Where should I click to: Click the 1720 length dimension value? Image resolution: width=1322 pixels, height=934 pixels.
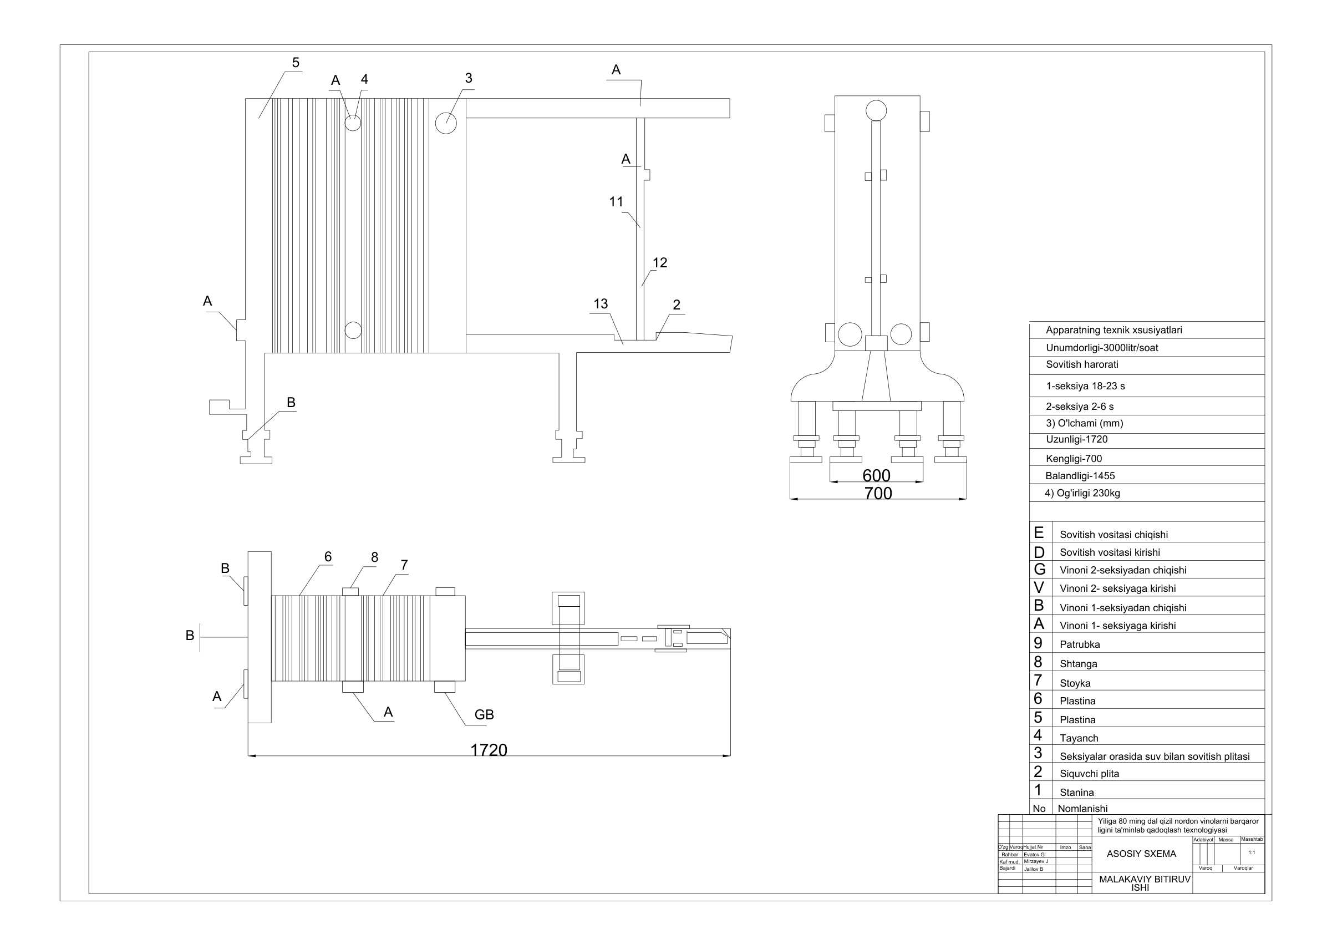(x=489, y=750)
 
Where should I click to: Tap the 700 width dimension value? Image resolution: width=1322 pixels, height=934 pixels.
(x=877, y=493)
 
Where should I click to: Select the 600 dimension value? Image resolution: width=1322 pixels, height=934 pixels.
(x=876, y=475)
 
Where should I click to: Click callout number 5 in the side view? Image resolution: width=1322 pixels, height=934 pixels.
(x=296, y=63)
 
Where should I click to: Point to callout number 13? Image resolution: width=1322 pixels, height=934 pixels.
(x=600, y=303)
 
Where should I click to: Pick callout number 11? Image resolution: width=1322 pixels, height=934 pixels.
(x=616, y=201)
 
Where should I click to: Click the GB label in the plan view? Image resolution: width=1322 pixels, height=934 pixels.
(x=484, y=714)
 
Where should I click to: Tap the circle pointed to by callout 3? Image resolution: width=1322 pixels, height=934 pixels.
(x=446, y=122)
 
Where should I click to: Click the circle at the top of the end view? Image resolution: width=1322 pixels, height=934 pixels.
(x=876, y=110)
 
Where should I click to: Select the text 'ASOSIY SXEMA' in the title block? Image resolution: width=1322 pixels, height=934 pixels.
(x=1141, y=854)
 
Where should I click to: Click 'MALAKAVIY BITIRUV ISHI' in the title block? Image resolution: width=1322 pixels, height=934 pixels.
(x=1144, y=883)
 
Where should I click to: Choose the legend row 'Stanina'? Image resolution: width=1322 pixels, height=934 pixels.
(x=1076, y=793)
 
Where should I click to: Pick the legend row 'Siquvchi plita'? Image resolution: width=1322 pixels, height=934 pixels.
(x=1089, y=773)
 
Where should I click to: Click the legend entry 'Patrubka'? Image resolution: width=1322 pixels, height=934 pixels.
(x=1080, y=644)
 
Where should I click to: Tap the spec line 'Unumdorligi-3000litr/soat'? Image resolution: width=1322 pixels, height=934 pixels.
(x=1101, y=348)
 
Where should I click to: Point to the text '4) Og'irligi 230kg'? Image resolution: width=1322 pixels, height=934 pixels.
(x=1082, y=493)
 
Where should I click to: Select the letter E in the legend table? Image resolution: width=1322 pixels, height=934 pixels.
(x=1039, y=532)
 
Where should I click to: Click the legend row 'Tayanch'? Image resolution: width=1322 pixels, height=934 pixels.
(x=1079, y=738)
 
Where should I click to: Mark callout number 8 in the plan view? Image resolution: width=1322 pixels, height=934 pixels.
(x=374, y=557)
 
